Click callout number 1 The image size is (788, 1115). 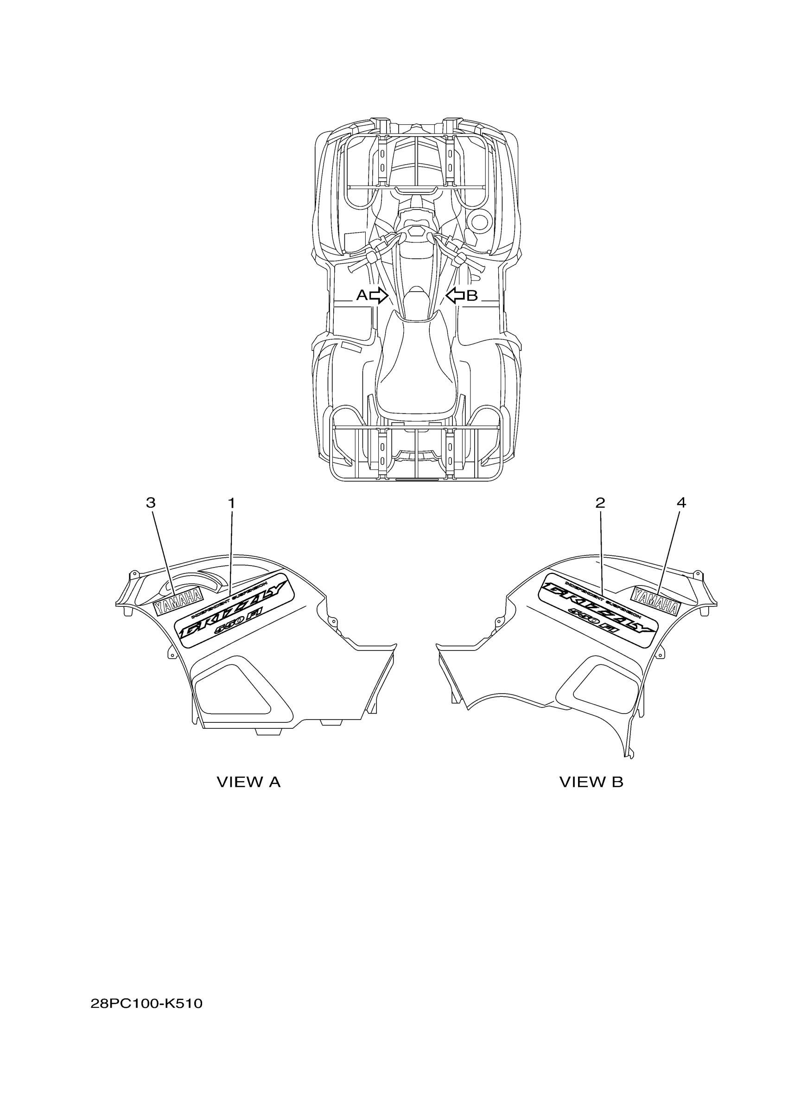[232, 503]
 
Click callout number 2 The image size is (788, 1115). [600, 503]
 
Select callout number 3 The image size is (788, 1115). [151, 503]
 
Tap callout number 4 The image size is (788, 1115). [681, 503]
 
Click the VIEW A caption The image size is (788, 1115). [248, 782]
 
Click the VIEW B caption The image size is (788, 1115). [591, 782]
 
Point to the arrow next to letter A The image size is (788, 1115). [379, 295]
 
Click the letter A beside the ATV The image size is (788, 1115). [362, 295]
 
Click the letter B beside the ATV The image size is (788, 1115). [472, 295]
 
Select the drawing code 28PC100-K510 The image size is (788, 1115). [146, 1003]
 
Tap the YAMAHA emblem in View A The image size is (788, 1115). [178, 602]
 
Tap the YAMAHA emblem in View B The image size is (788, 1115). [655, 601]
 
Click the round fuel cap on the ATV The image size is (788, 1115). [480, 222]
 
